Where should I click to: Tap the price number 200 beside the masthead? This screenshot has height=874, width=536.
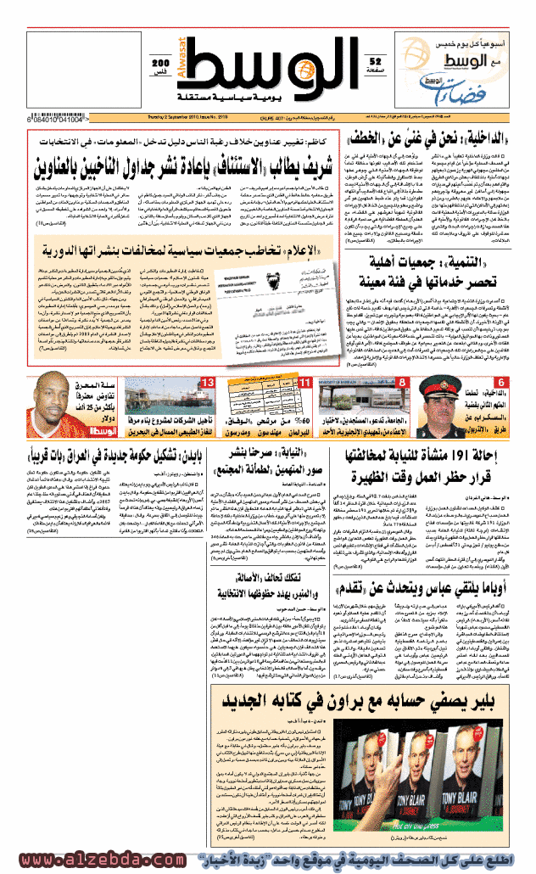(159, 64)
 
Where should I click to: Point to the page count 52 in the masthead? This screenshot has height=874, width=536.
(376, 60)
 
